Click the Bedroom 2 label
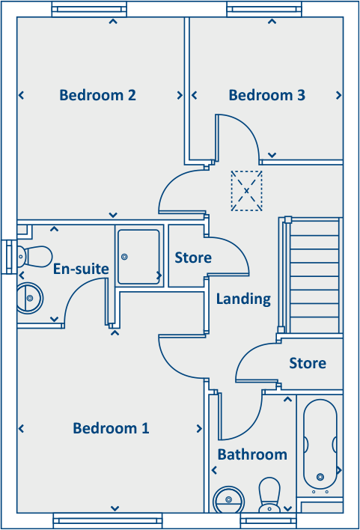97,96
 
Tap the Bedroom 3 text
266,96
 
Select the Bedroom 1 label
111,428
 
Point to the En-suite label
81,269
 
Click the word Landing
243,299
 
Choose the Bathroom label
252,454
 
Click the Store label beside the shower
193,258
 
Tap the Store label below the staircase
308,364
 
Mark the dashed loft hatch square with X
247,190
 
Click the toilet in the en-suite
34,255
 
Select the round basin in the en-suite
30,297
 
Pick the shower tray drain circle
124,258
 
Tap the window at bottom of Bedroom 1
108,520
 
